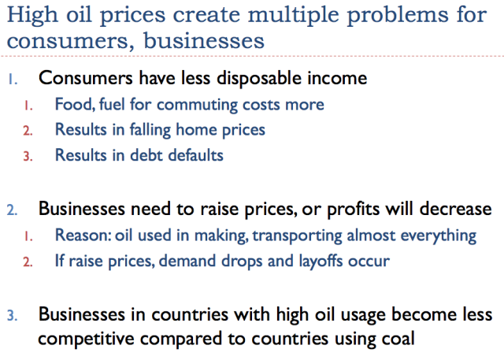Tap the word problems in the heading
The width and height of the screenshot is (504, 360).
(398, 16)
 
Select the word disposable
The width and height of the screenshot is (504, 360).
(259, 78)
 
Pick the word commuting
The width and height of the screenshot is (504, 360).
(197, 106)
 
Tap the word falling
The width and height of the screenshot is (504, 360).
(150, 131)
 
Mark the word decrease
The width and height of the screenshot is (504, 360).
(455, 209)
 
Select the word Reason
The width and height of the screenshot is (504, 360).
(83, 235)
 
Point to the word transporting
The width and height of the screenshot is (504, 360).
(298, 236)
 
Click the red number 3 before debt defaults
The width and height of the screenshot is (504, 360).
(28, 156)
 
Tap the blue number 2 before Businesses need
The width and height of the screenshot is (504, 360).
(13, 210)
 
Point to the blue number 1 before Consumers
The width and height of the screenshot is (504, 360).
(13, 79)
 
